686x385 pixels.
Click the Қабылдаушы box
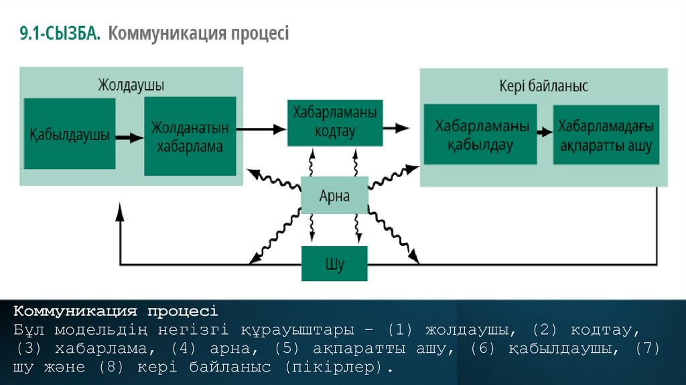pyautogui.click(x=69, y=135)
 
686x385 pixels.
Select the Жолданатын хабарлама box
pyautogui.click(x=190, y=136)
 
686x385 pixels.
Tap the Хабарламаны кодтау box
pyautogui.click(x=335, y=123)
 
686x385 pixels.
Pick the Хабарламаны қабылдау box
pyautogui.click(x=480, y=134)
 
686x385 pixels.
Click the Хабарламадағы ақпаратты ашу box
pyautogui.click(x=606, y=134)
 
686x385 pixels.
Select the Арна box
pyautogui.click(x=334, y=197)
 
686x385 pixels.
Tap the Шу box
pyautogui.click(x=334, y=264)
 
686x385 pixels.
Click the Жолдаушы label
pyautogui.click(x=131, y=85)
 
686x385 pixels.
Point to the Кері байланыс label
pyautogui.click(x=543, y=86)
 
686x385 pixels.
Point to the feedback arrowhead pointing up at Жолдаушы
pyautogui.click(x=120, y=213)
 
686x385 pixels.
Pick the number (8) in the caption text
pyautogui.click(x=112, y=368)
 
